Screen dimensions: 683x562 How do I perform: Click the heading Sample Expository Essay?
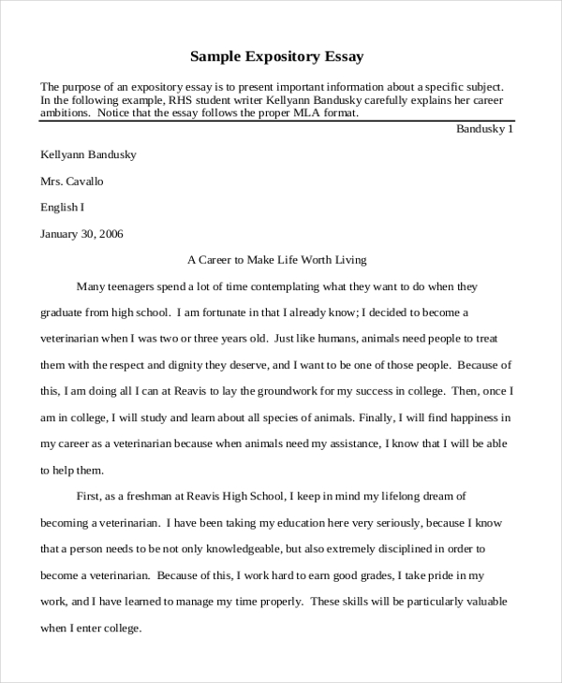click(277, 56)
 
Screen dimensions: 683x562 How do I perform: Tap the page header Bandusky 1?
click(484, 129)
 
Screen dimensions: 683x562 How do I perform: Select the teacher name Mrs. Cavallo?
click(71, 181)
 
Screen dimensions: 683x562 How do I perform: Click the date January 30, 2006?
click(81, 233)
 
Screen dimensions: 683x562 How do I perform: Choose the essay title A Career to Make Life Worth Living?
click(277, 259)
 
